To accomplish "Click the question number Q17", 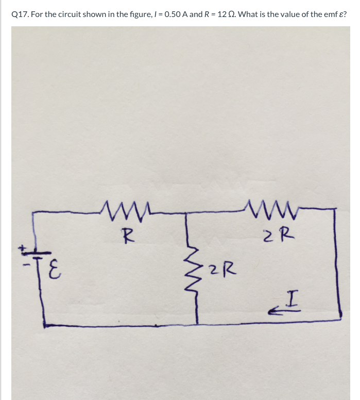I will point(20,14).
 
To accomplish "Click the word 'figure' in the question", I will point(131,14).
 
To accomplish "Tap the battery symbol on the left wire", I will point(35,254).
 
